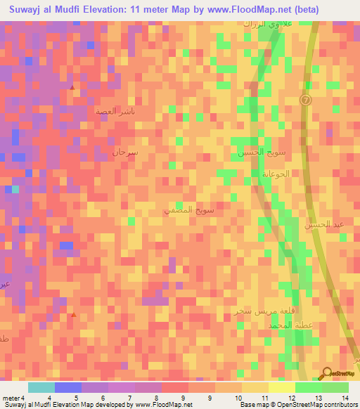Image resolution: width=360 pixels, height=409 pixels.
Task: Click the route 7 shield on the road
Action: (x=305, y=100)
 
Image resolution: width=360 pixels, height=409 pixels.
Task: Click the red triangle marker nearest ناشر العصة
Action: (x=74, y=86)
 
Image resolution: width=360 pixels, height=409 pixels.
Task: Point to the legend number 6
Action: (x=103, y=398)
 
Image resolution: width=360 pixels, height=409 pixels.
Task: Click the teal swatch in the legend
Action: (x=41, y=387)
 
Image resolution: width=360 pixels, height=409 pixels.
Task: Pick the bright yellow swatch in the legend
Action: (x=281, y=387)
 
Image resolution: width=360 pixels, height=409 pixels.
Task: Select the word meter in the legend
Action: (x=11, y=398)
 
